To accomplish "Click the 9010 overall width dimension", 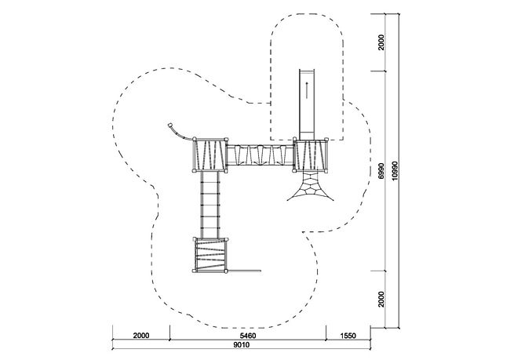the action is pyautogui.click(x=242, y=345).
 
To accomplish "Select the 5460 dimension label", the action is pyautogui.click(x=247, y=336).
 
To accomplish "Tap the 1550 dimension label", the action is pyautogui.click(x=348, y=336).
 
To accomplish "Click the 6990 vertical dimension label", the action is pyautogui.click(x=381, y=170).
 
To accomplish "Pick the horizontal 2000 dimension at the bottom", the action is pyautogui.click(x=140, y=336).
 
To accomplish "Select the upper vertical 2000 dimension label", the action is pyautogui.click(x=381, y=42).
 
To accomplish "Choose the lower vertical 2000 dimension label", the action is pyautogui.click(x=381, y=299).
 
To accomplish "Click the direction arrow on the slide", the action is pyautogui.click(x=306, y=90).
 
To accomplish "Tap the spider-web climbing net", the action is pyautogui.click(x=310, y=186).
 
